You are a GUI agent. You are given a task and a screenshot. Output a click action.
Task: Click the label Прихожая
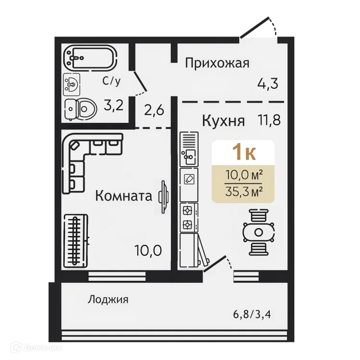217,63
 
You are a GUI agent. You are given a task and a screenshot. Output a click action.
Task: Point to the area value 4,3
268,84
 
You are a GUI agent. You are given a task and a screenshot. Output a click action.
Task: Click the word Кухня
223,120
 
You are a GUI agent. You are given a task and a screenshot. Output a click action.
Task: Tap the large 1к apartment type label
243,152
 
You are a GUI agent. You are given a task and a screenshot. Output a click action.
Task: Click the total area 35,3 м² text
243,192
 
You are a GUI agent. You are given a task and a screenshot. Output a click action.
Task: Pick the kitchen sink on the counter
188,155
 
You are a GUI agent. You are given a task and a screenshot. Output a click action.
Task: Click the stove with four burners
188,217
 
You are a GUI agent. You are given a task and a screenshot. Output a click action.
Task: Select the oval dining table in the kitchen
258,232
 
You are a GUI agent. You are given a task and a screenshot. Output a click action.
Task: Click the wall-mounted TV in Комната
164,196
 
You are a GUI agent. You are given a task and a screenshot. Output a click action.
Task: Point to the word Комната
124,196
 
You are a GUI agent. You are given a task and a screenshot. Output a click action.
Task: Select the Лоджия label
108,300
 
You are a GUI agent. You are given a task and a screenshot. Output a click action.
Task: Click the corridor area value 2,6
155,110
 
